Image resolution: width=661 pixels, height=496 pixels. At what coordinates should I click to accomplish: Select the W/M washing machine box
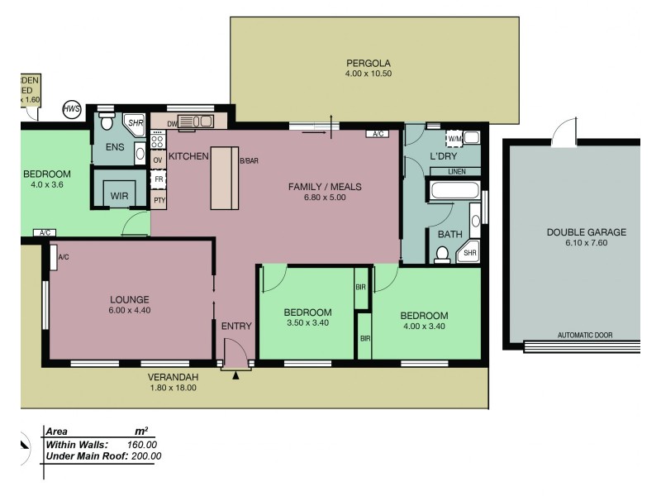tap(454, 138)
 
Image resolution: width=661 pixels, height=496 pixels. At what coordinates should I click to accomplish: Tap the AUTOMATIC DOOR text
tap(585, 336)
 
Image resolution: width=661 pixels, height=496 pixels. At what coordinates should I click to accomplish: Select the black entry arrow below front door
tap(236, 376)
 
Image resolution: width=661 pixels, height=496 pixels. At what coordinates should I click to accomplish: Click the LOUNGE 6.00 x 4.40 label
tap(129, 304)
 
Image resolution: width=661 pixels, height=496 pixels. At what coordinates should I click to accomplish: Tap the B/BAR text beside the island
tap(249, 161)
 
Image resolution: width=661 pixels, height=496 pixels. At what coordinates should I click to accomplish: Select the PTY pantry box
tap(159, 200)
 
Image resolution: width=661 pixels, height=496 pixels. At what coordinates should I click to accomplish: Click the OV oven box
tap(159, 160)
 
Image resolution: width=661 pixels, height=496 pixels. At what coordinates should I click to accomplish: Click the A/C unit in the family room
tap(379, 133)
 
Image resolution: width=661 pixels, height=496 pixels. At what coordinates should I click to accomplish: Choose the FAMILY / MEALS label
tap(325, 192)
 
